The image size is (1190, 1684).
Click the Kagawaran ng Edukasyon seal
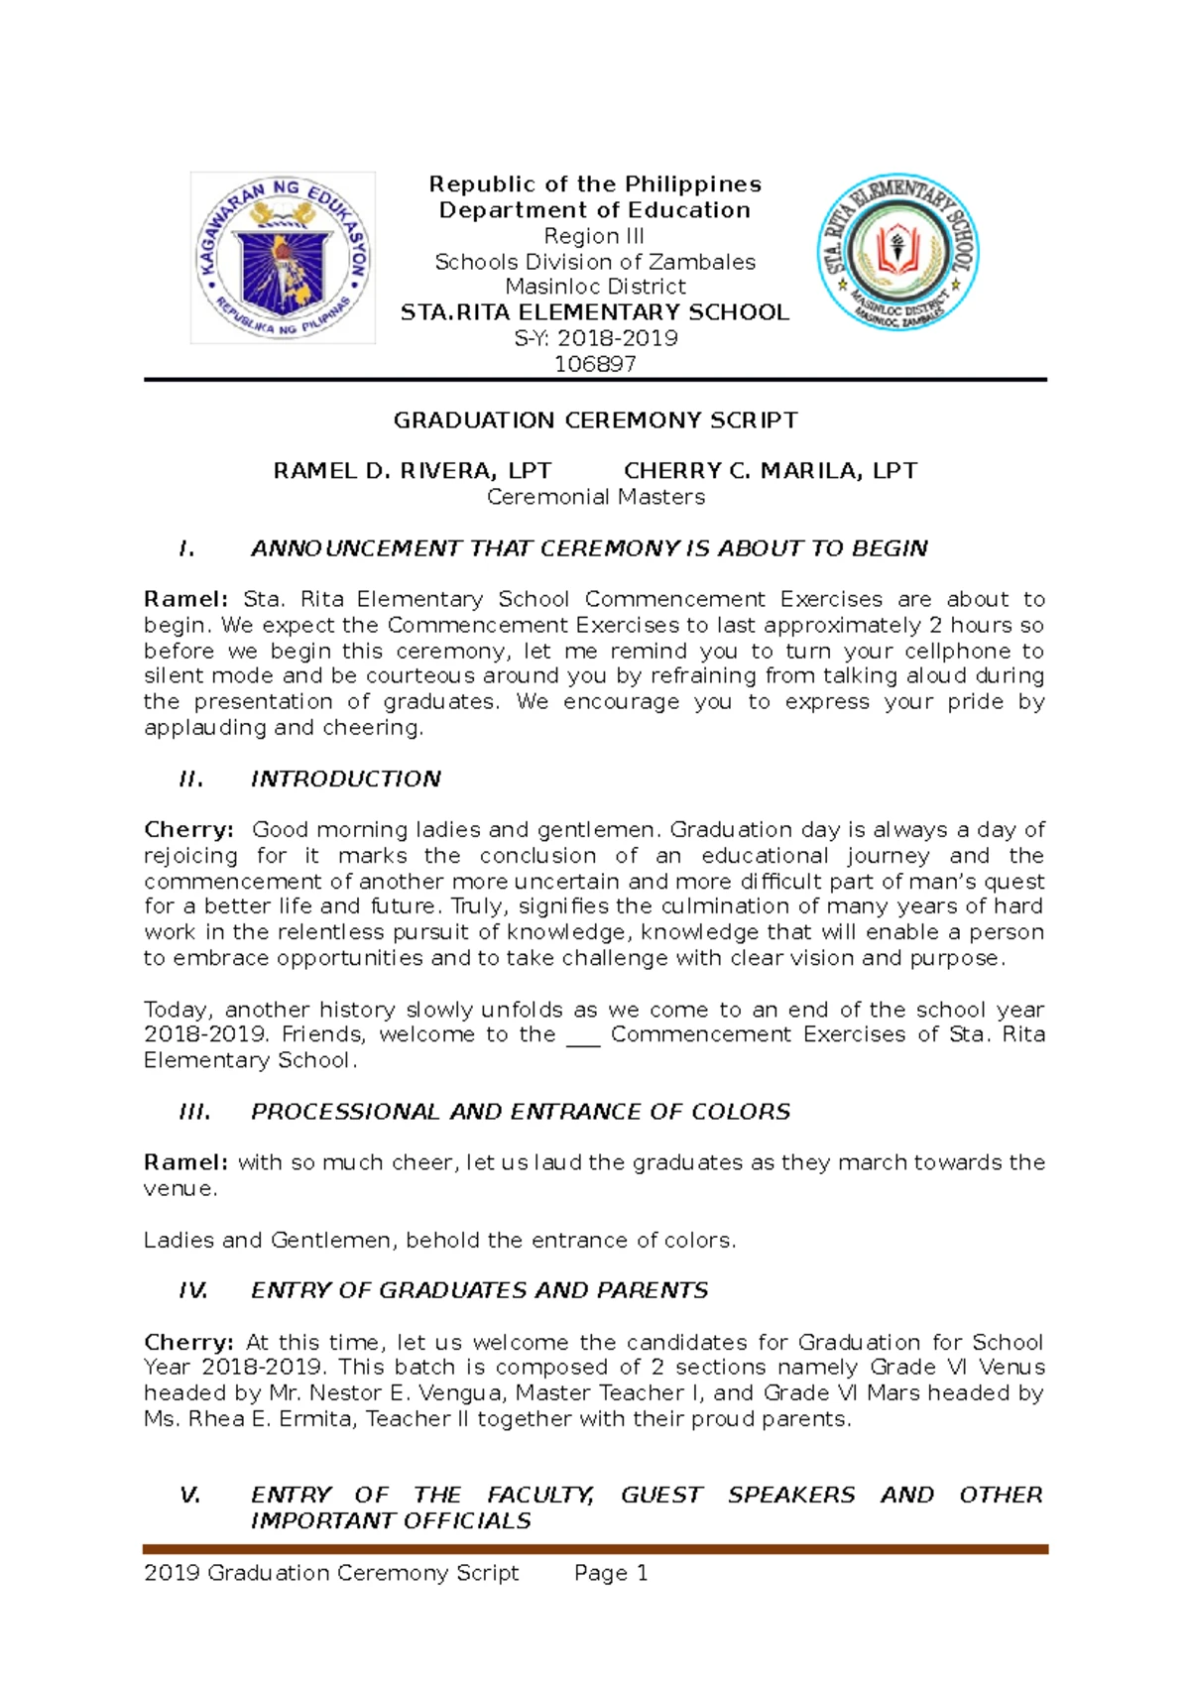click(x=283, y=258)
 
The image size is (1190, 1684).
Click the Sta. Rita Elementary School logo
click(x=897, y=252)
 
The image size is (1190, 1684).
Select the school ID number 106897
click(x=595, y=364)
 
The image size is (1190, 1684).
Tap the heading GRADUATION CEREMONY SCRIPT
click(x=595, y=421)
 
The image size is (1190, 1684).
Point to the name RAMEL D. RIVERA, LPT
click(x=412, y=471)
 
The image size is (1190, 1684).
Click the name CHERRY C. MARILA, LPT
click(x=770, y=471)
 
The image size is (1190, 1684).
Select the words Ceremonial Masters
click(x=595, y=497)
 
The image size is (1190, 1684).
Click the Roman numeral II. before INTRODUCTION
click(x=191, y=780)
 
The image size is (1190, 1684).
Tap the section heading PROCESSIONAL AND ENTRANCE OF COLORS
click(x=520, y=1112)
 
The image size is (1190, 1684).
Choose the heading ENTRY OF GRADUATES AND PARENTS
click(x=479, y=1290)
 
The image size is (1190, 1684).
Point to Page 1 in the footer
click(x=611, y=1573)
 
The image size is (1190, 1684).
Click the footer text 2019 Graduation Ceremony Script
click(x=331, y=1573)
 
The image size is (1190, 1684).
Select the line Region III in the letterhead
click(x=594, y=236)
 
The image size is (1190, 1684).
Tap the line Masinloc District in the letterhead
click(x=595, y=287)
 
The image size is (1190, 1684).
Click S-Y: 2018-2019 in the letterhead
click(x=595, y=338)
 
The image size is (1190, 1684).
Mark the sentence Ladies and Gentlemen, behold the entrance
click(x=439, y=1240)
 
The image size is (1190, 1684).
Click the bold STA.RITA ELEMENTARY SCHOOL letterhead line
click(x=595, y=312)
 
